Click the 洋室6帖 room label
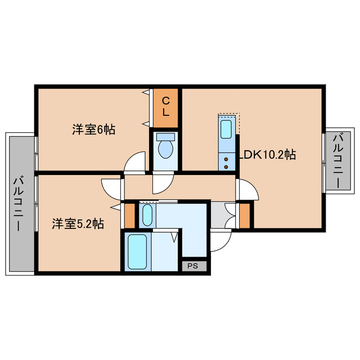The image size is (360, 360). [93, 130]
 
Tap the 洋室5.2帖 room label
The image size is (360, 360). [78, 224]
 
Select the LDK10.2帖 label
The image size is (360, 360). [268, 154]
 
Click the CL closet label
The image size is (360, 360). [166, 106]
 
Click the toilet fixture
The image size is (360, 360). [165, 147]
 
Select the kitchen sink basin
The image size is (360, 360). [226, 129]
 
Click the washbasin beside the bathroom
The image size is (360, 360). [147, 214]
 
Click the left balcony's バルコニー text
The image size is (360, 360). [20, 203]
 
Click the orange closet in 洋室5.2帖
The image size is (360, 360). [129, 215]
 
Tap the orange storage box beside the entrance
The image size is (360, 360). [245, 214]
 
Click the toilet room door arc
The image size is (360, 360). [163, 181]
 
